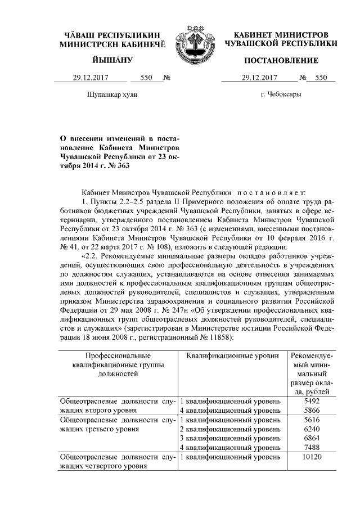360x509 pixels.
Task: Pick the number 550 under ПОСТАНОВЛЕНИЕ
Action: (321, 78)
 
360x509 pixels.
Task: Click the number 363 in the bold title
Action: (115, 165)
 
